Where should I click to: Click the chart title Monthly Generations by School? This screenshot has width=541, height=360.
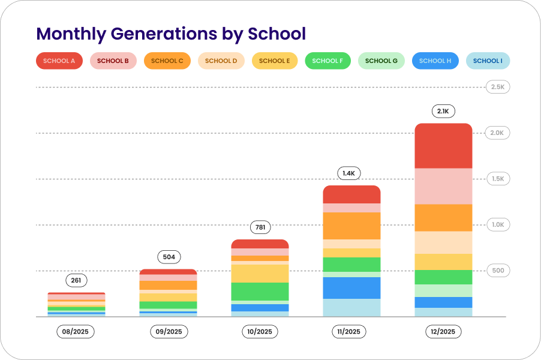tap(171, 34)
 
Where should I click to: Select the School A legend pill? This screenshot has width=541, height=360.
tap(59, 61)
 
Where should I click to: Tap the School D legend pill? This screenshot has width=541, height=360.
tap(221, 61)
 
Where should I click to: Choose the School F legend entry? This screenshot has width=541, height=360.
tap(327, 61)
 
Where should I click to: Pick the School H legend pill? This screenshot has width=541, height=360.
tap(435, 61)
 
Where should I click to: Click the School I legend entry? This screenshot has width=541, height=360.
tap(488, 61)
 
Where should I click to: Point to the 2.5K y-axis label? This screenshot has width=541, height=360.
tap(498, 87)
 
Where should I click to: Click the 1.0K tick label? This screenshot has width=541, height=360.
tap(498, 224)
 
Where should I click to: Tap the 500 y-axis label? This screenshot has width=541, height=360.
tap(498, 271)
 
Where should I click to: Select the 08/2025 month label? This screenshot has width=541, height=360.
tap(76, 331)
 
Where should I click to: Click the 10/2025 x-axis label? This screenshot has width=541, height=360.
tap(260, 331)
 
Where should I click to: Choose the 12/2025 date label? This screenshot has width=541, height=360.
tap(443, 331)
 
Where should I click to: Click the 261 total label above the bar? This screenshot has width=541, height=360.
tap(76, 280)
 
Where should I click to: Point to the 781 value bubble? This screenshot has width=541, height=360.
tap(260, 227)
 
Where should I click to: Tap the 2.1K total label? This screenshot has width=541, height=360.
tap(444, 111)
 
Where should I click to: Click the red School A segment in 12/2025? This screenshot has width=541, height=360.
tap(444, 146)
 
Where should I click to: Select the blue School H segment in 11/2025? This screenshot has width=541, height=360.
tap(351, 287)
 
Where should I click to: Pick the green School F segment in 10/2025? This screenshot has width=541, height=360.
tap(260, 291)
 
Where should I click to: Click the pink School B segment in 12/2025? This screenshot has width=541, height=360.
tap(444, 186)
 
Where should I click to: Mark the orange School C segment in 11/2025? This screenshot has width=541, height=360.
tap(351, 226)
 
